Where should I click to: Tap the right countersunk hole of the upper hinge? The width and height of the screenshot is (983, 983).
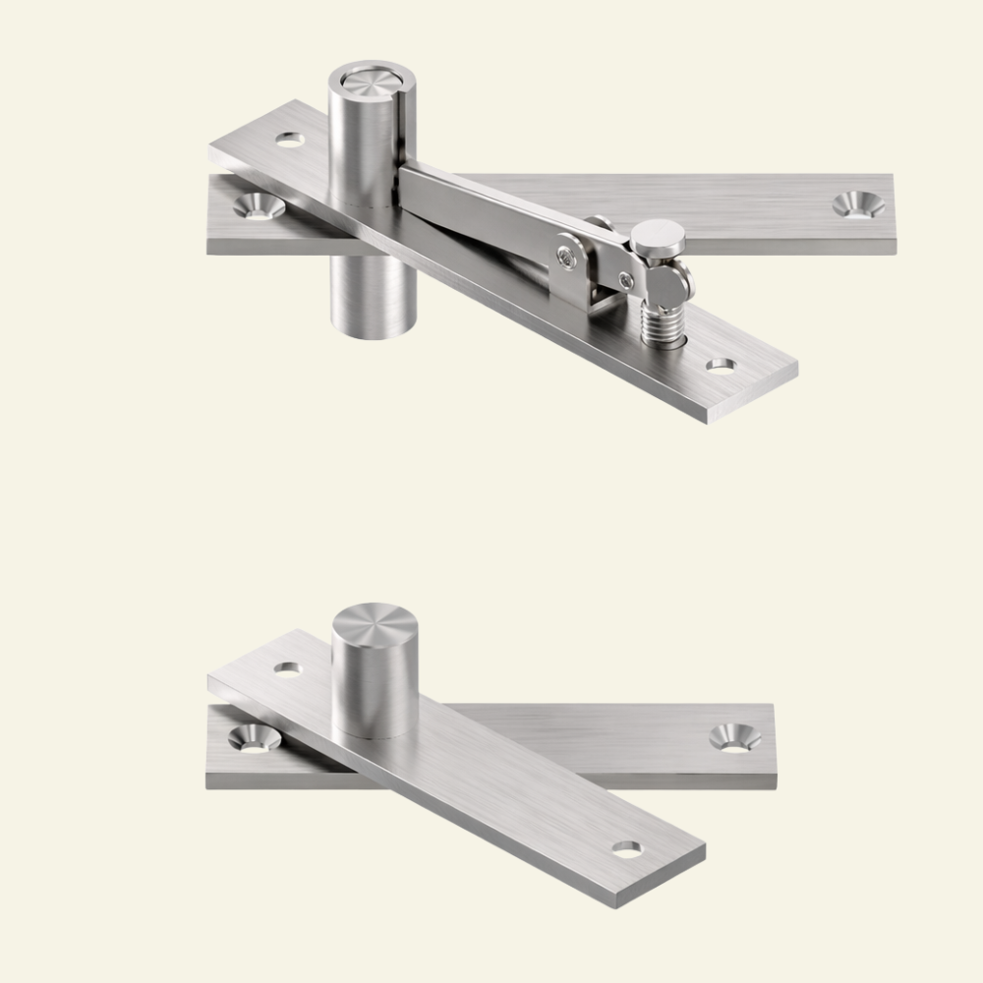(x=857, y=204)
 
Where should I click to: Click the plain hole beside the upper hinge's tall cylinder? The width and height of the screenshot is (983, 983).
(x=289, y=141)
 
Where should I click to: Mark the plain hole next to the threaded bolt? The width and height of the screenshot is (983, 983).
(x=722, y=366)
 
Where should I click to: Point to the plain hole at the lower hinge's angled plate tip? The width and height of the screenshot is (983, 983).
(x=626, y=848)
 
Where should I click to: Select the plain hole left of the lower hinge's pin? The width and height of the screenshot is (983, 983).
(x=288, y=669)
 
